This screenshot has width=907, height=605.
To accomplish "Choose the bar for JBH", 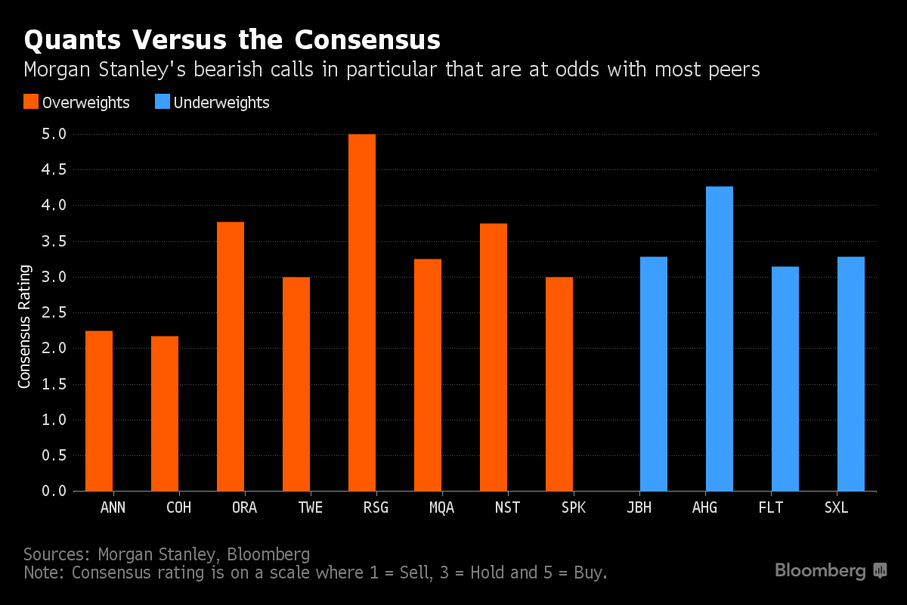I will coord(654,374).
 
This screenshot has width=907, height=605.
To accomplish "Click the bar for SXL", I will coord(851,374).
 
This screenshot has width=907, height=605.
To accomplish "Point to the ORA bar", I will coord(231,356).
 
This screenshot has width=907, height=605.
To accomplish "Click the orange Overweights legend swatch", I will coord(31,102).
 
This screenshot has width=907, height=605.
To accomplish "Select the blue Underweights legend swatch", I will coord(162,102).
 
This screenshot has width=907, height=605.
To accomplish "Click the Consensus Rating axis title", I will coord(25,327).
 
